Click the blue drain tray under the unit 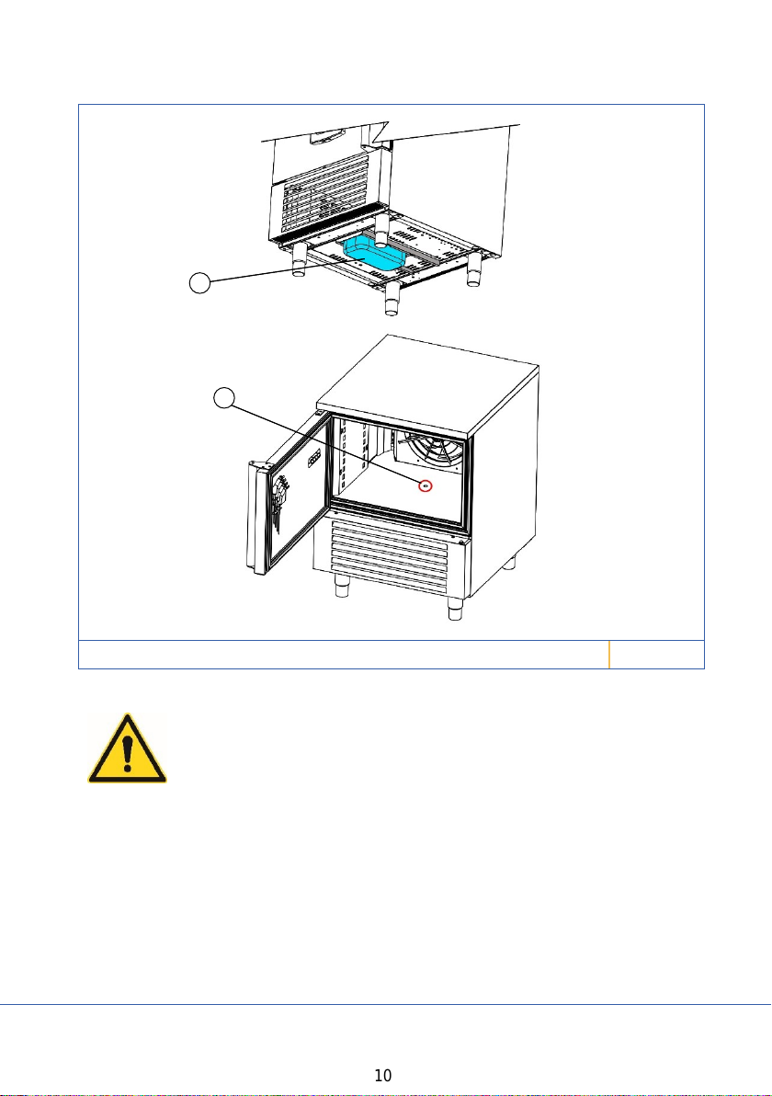pos(374,253)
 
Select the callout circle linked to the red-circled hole pos(223,398)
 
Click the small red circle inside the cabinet pos(426,485)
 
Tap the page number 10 pos(383,1076)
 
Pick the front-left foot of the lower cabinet pos(342,588)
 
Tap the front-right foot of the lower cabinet pos(456,609)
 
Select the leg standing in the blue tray pos(381,232)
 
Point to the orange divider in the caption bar pos(609,655)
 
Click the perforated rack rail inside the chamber pos(362,457)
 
